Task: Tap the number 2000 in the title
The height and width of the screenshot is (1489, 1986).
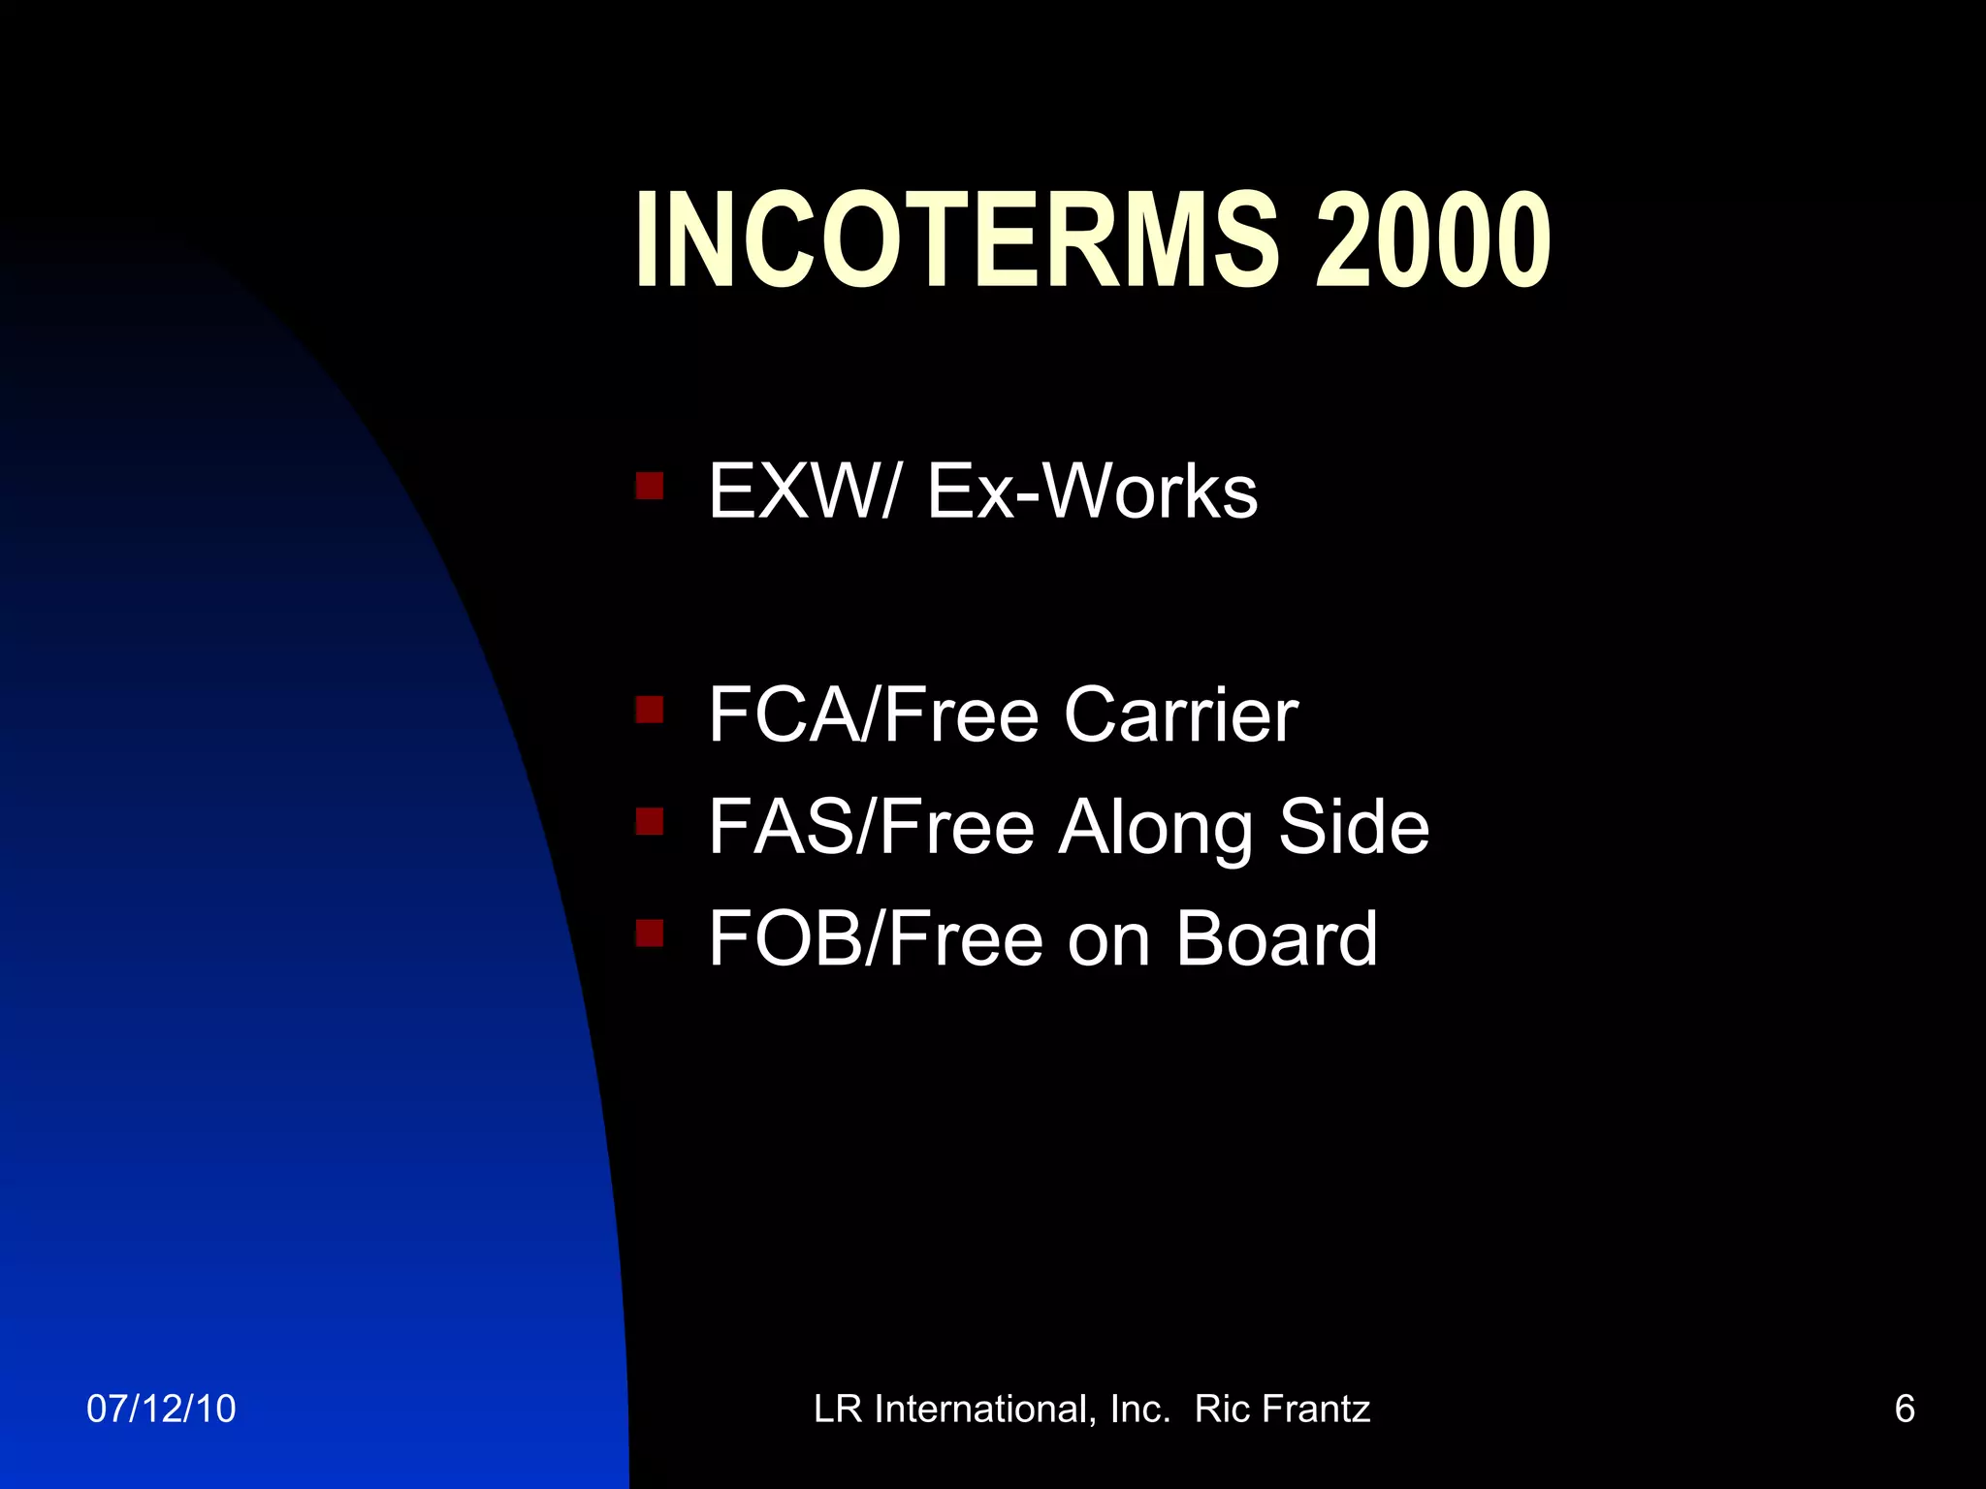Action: click(x=1432, y=239)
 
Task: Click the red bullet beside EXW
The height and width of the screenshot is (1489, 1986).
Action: click(x=649, y=485)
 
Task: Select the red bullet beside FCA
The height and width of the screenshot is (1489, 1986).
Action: click(x=649, y=710)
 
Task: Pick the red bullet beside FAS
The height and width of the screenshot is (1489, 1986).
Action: click(x=649, y=821)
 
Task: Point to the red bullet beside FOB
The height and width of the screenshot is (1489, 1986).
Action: click(x=649, y=933)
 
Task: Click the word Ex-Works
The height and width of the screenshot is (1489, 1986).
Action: click(x=1092, y=491)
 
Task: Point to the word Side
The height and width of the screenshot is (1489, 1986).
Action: click(x=1354, y=827)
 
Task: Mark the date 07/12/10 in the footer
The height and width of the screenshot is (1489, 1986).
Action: click(x=161, y=1409)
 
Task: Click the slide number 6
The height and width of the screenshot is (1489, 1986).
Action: click(x=1905, y=1409)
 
